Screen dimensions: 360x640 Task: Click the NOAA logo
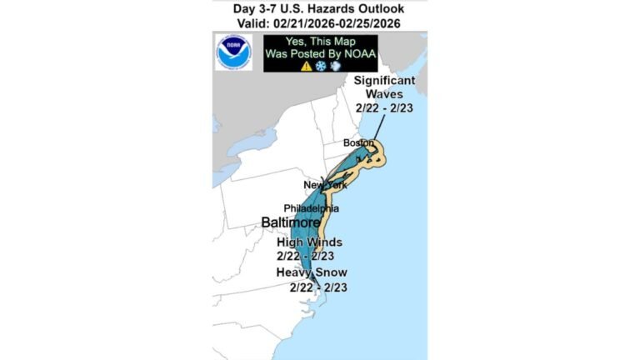tap(233, 52)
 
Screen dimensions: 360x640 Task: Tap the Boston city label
tap(359, 143)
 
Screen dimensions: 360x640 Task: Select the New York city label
tap(324, 184)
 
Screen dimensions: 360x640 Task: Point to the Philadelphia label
tap(312, 207)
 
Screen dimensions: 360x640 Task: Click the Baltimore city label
tap(290, 223)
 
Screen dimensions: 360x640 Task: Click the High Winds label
tap(310, 242)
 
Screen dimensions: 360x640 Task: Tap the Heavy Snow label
tap(312, 272)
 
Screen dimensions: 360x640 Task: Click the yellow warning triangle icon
tap(306, 65)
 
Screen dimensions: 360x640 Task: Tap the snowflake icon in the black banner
tap(320, 65)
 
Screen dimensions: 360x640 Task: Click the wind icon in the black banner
tap(334, 65)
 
